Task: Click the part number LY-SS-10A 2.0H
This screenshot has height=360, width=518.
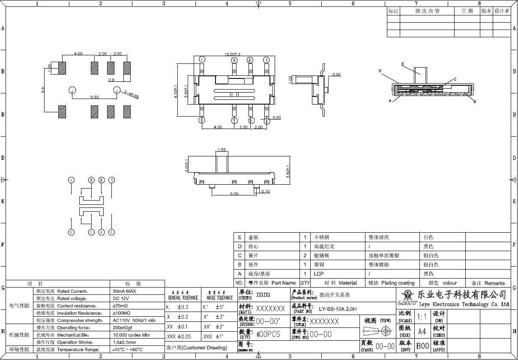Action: (x=338, y=309)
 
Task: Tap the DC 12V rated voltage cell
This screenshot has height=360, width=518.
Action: (x=120, y=298)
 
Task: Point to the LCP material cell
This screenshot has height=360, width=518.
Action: (x=319, y=274)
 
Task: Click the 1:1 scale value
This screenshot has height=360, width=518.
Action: (x=422, y=317)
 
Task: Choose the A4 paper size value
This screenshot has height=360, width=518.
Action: (x=422, y=331)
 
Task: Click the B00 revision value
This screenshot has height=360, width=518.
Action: (x=422, y=346)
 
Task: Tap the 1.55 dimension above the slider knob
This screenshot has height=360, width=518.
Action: (x=222, y=150)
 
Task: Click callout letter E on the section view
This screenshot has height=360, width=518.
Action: (x=403, y=64)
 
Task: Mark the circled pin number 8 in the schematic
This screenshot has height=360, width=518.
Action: (x=71, y=232)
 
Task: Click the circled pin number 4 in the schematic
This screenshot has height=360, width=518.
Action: (x=71, y=180)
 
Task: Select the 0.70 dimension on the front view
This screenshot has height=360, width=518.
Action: (x=266, y=192)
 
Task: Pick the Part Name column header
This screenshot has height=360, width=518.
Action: (x=283, y=283)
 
